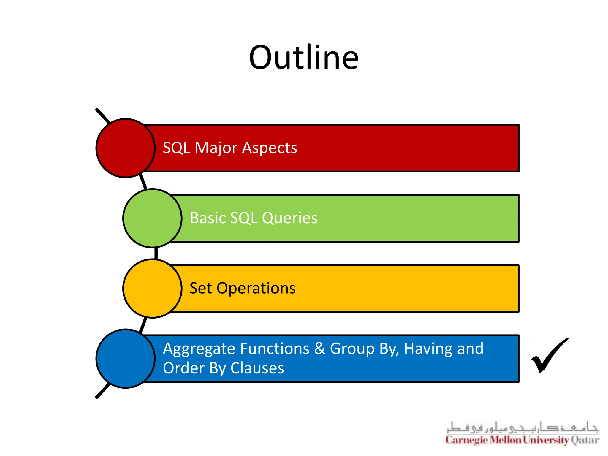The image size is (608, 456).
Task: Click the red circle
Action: click(x=126, y=148)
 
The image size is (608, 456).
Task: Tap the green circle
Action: click(x=152, y=218)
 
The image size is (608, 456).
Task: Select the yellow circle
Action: click(x=152, y=288)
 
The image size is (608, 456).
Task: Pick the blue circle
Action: click(x=126, y=358)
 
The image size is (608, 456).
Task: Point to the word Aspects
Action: click(x=269, y=148)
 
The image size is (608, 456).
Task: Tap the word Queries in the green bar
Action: click(x=289, y=218)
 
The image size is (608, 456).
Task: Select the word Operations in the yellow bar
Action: click(x=256, y=288)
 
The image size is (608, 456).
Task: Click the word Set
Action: click(x=200, y=288)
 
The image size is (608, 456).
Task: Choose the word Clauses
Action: click(x=257, y=368)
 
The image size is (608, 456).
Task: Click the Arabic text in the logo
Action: click(x=522, y=428)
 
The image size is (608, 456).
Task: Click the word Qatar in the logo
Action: click(x=585, y=440)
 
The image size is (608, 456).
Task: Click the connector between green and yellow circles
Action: click(x=156, y=253)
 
